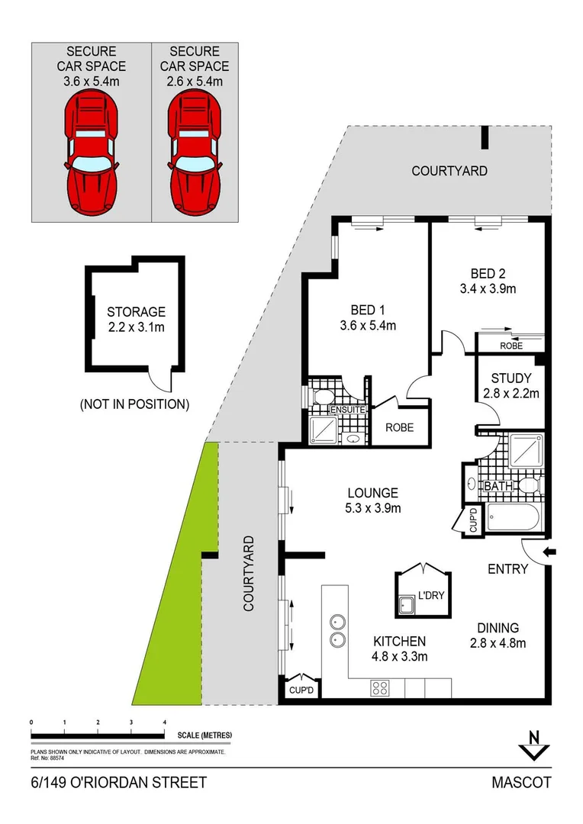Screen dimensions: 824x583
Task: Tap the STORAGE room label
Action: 136,312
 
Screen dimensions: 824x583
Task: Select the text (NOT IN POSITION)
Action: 134,404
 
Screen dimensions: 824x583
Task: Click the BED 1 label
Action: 368,310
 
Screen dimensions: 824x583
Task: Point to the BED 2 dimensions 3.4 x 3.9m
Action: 488,288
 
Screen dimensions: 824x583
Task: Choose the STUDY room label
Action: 511,378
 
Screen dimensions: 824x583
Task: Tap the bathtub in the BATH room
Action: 513,519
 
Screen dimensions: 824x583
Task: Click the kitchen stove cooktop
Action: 381,687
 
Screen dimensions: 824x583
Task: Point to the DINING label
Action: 498,627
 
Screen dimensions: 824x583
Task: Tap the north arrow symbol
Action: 533,746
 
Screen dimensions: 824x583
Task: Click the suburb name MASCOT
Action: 521,783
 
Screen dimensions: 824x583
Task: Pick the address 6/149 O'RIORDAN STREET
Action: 118,783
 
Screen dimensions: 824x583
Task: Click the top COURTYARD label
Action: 449,171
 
